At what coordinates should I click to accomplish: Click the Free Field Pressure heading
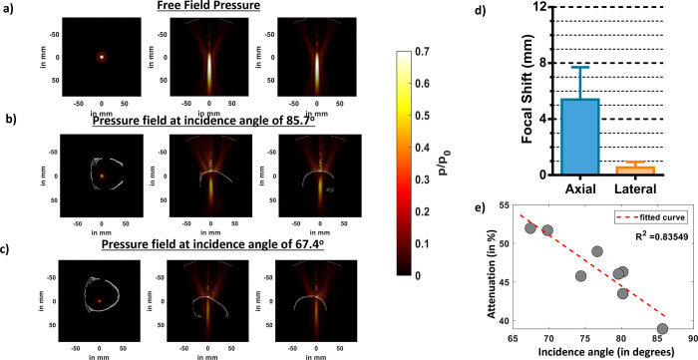[x=208, y=8]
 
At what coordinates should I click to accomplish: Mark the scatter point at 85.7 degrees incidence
[x=663, y=329]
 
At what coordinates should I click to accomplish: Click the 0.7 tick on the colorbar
[x=415, y=47]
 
